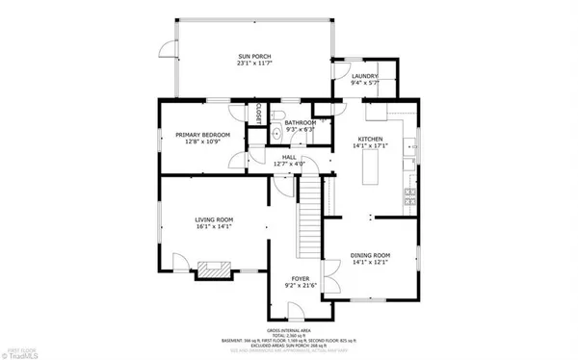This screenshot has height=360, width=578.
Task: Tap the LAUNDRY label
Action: click(x=363, y=75)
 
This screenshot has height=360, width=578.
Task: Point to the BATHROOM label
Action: click(x=300, y=123)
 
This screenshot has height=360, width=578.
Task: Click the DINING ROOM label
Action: click(x=369, y=255)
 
